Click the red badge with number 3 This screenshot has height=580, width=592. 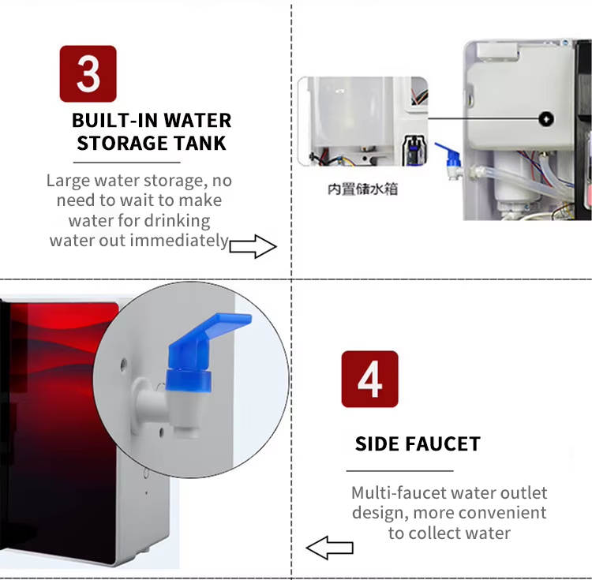(x=88, y=73)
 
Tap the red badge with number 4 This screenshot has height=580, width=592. (x=369, y=379)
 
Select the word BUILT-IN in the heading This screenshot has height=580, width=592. (x=114, y=121)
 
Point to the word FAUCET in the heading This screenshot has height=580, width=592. (x=443, y=443)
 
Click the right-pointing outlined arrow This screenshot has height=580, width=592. (x=253, y=246)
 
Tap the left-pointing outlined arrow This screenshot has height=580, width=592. (x=330, y=548)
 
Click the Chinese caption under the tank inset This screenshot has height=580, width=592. (x=362, y=189)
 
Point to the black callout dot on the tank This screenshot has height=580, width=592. (x=546, y=119)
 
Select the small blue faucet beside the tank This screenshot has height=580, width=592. (x=452, y=159)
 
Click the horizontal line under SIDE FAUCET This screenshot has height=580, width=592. (x=400, y=470)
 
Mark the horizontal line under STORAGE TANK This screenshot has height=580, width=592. (x=127, y=163)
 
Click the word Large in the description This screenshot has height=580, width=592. (x=69, y=181)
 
